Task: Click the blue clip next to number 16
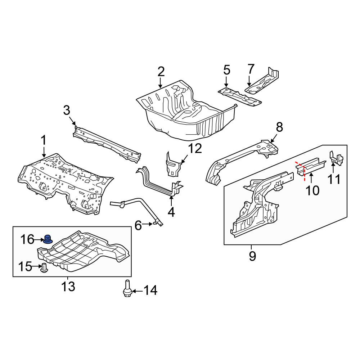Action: (x=48, y=239)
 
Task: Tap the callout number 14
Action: (x=150, y=291)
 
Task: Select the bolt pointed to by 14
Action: (x=127, y=288)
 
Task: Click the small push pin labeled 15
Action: (x=44, y=268)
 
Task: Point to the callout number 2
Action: (x=161, y=72)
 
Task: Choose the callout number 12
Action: (x=195, y=148)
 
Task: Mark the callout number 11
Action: (x=334, y=179)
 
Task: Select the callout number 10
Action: (x=312, y=190)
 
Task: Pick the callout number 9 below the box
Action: (x=252, y=256)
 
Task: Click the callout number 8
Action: (x=279, y=127)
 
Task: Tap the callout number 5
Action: (x=226, y=70)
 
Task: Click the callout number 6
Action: (x=138, y=225)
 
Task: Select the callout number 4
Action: (x=171, y=212)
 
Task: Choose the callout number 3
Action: (x=67, y=111)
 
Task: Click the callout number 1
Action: (x=44, y=140)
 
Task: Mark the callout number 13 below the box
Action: (x=68, y=287)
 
